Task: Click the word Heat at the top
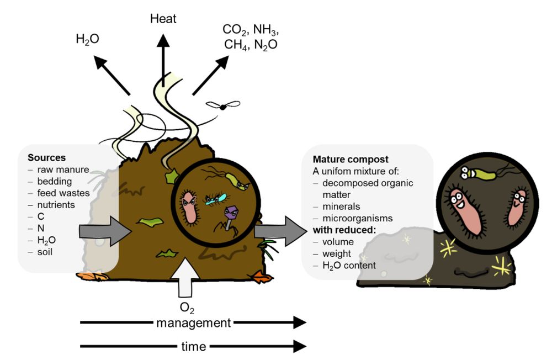[163, 19]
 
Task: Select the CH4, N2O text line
[250, 44]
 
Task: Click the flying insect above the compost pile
[223, 107]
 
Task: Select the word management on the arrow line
[193, 322]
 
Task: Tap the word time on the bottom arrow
[193, 347]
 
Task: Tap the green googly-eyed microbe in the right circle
[476, 172]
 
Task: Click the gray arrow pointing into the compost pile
[104, 231]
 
